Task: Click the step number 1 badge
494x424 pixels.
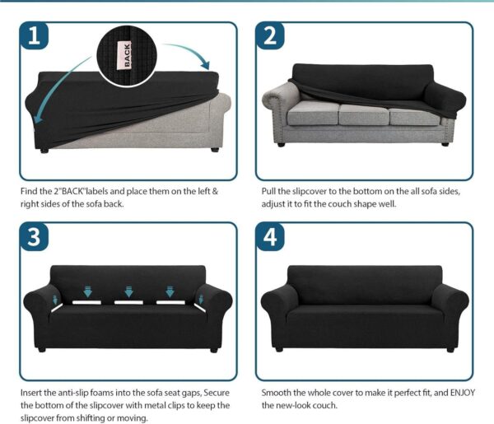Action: (34, 35)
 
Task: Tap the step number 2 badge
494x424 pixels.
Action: (270, 35)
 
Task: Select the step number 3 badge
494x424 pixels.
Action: (34, 236)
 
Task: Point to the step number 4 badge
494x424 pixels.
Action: (270, 236)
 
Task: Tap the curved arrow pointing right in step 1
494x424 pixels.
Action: (189, 50)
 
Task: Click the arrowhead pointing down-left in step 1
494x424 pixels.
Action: (39, 117)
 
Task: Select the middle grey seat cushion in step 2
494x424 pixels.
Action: (364, 114)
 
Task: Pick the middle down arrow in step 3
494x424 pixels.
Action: (128, 291)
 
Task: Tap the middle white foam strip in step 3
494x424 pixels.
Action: (128, 302)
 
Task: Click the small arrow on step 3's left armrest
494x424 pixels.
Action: (55, 299)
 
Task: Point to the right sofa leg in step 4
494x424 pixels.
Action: (450, 349)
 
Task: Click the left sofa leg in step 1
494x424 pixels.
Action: (44, 151)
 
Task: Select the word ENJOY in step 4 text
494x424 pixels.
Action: (463, 393)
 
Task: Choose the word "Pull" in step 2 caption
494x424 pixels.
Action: (268, 192)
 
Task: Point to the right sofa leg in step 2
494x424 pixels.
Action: (445, 144)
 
